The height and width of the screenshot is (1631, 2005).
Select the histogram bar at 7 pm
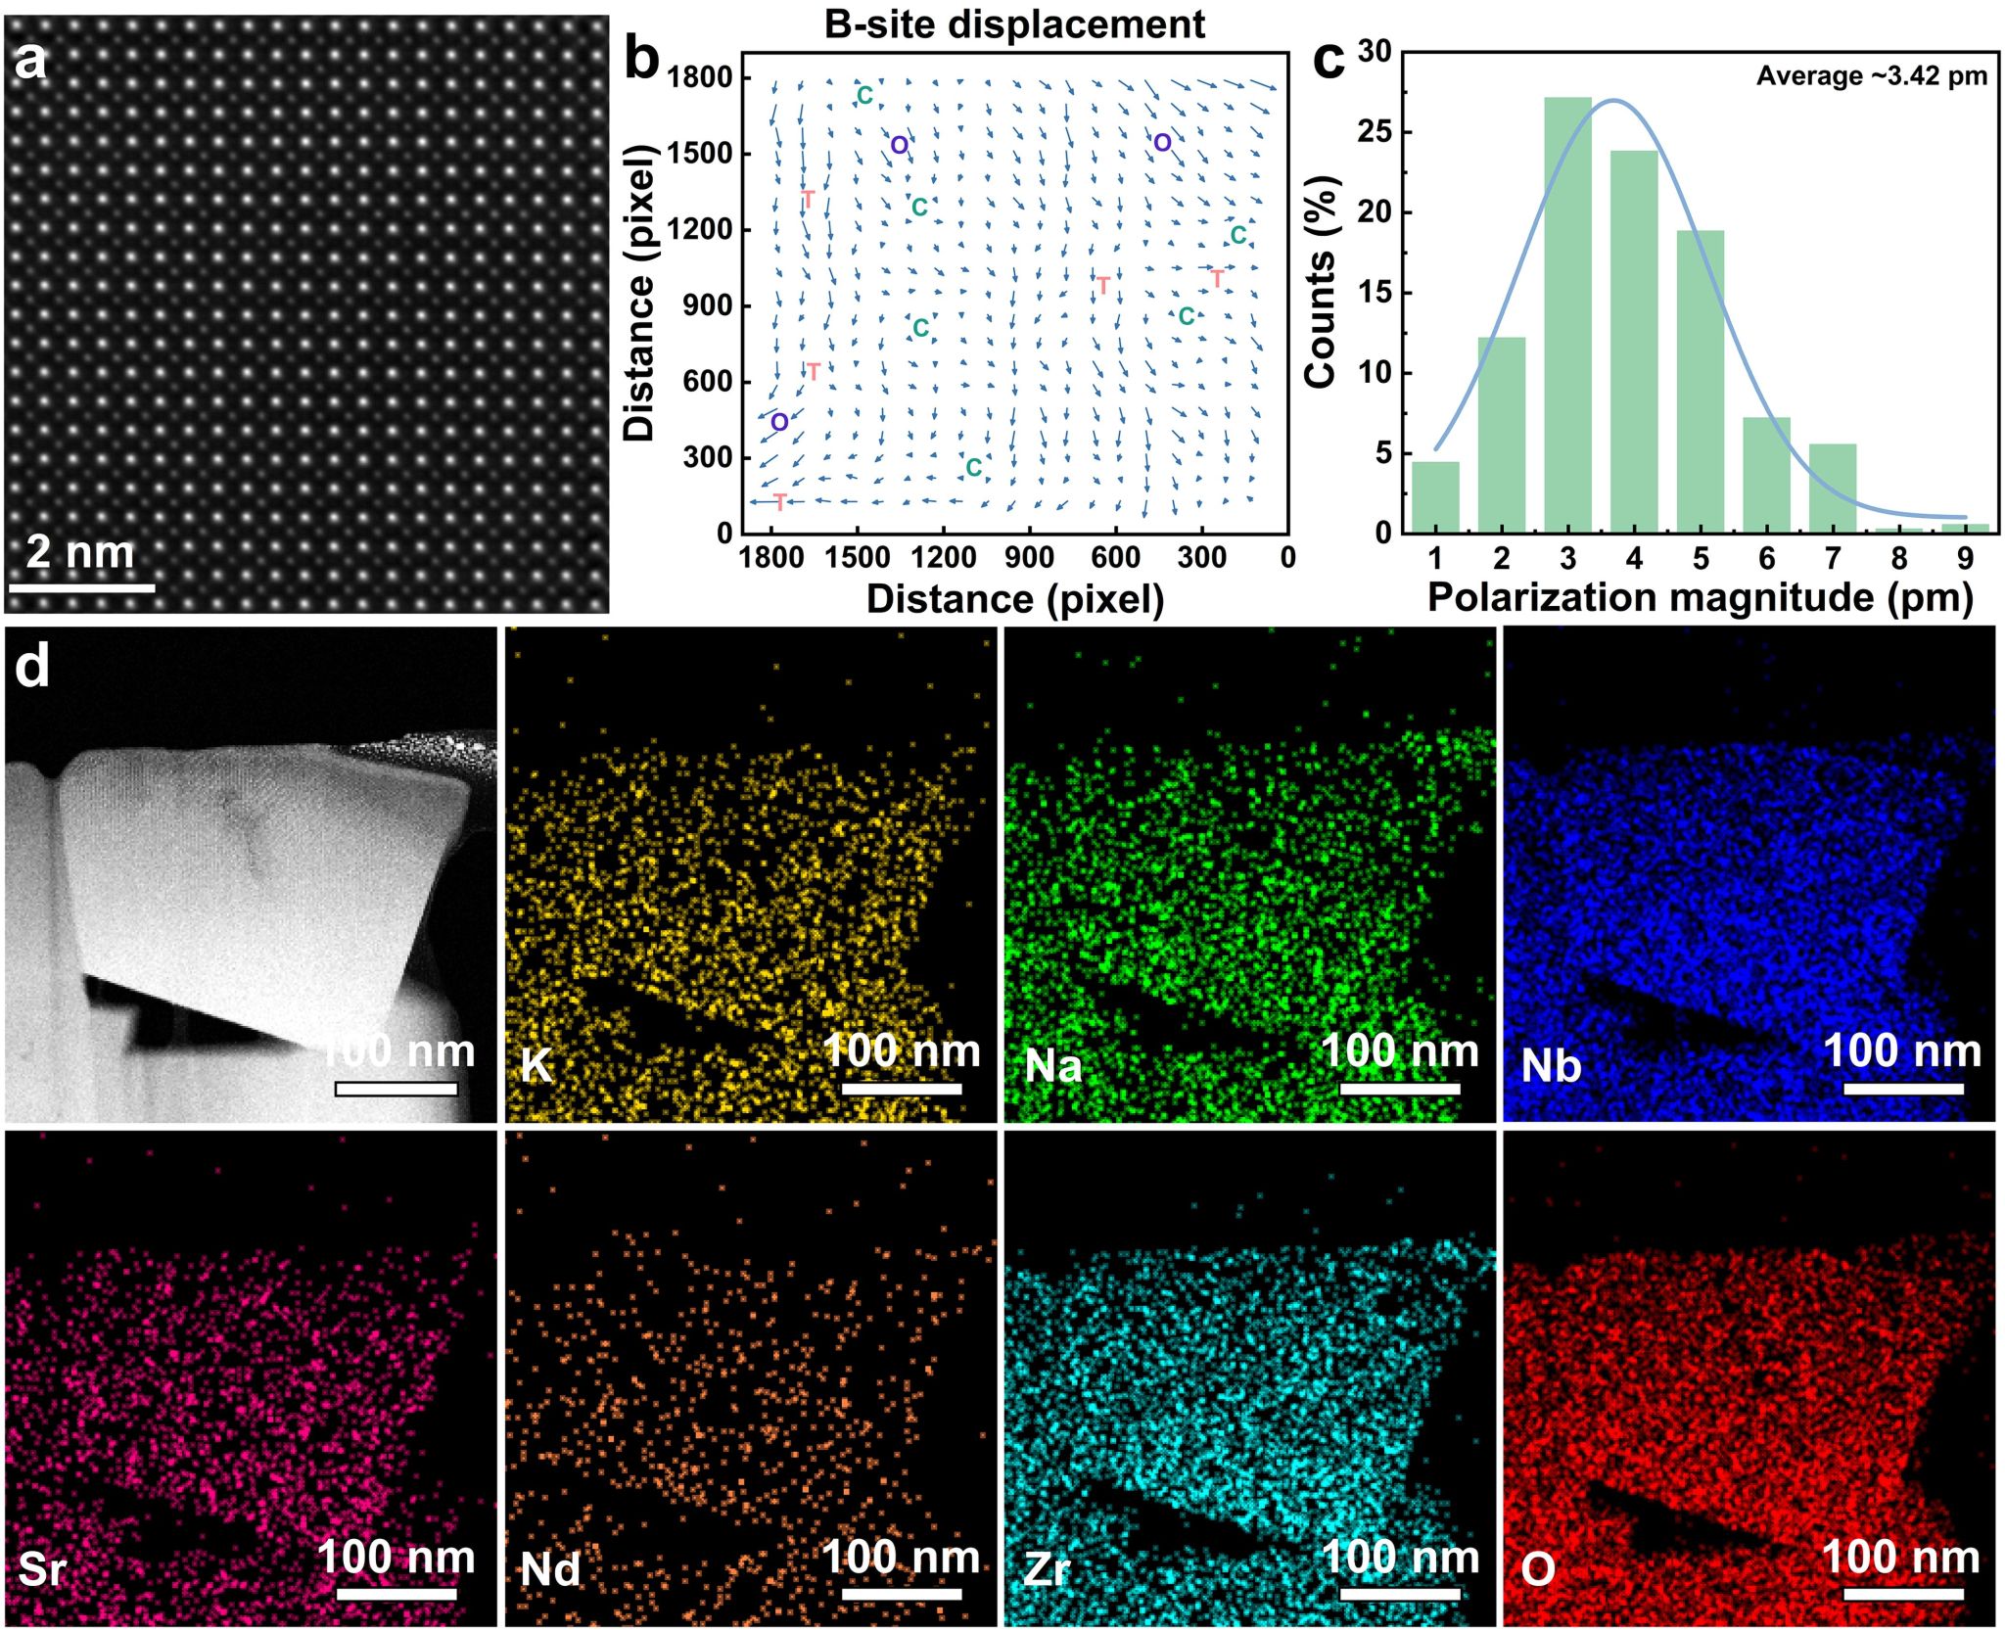[x=1833, y=489]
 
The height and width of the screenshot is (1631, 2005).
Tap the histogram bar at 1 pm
[x=1435, y=497]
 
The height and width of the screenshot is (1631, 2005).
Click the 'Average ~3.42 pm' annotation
[x=1871, y=76]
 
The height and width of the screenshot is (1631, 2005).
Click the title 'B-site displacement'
[x=1014, y=24]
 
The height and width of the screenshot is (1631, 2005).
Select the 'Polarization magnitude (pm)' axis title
[x=1700, y=597]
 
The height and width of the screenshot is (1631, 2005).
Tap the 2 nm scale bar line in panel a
[x=82, y=588]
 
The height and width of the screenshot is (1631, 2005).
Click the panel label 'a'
[x=30, y=61]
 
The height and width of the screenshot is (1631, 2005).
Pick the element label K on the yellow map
[x=536, y=1065]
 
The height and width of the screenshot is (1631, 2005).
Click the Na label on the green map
[x=1053, y=1065]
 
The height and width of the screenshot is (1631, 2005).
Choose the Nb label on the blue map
[x=1551, y=1065]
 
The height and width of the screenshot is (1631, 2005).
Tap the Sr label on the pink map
[x=42, y=1569]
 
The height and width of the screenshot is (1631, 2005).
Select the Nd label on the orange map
[x=550, y=1569]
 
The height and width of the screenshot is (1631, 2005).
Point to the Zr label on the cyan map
[x=1047, y=1569]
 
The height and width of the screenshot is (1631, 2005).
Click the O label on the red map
[x=1538, y=1569]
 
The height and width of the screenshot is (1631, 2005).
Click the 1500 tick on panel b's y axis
[x=699, y=154]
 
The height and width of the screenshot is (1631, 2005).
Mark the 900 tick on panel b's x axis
[x=1029, y=558]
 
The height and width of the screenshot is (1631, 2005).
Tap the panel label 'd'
[x=31, y=668]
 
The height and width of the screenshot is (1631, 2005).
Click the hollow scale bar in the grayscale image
[x=396, y=1089]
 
